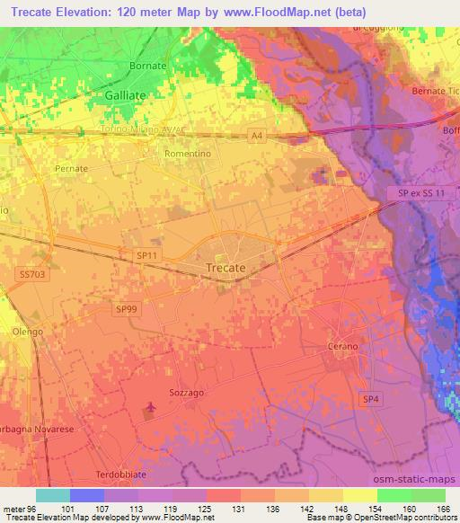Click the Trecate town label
[226, 268]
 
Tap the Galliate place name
[123, 94]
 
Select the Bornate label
[149, 66]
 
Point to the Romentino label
[188, 154]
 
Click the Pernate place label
[71, 168]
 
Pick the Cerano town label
[343, 346]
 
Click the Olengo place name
[29, 331]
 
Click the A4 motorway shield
[258, 135]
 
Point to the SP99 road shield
[128, 307]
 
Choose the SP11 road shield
[146, 255]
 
